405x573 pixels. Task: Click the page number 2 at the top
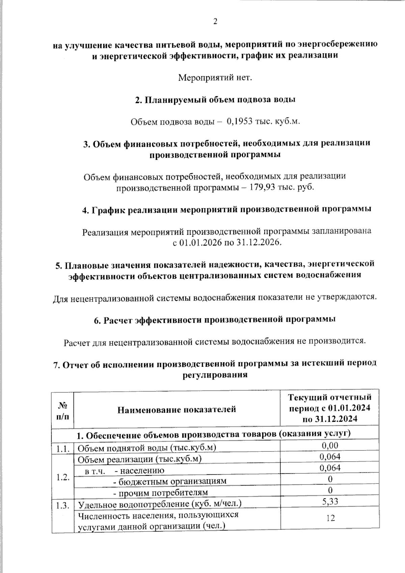pyautogui.click(x=215, y=22)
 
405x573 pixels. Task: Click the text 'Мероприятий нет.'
pyautogui.click(x=215, y=78)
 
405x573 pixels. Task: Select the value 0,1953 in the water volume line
pyautogui.click(x=240, y=122)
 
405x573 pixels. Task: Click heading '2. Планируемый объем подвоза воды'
pyautogui.click(x=215, y=100)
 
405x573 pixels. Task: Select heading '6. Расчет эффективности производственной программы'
pyautogui.click(x=215, y=320)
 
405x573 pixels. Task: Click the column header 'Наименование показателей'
pyautogui.click(x=177, y=410)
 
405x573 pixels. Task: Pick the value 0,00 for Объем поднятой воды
pyautogui.click(x=330, y=445)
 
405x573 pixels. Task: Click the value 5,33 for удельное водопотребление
pyautogui.click(x=330, y=501)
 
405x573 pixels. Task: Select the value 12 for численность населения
pyautogui.click(x=330, y=518)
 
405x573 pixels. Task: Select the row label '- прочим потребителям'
pyautogui.click(x=160, y=493)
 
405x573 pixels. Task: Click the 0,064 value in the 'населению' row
pyautogui.click(x=330, y=468)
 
